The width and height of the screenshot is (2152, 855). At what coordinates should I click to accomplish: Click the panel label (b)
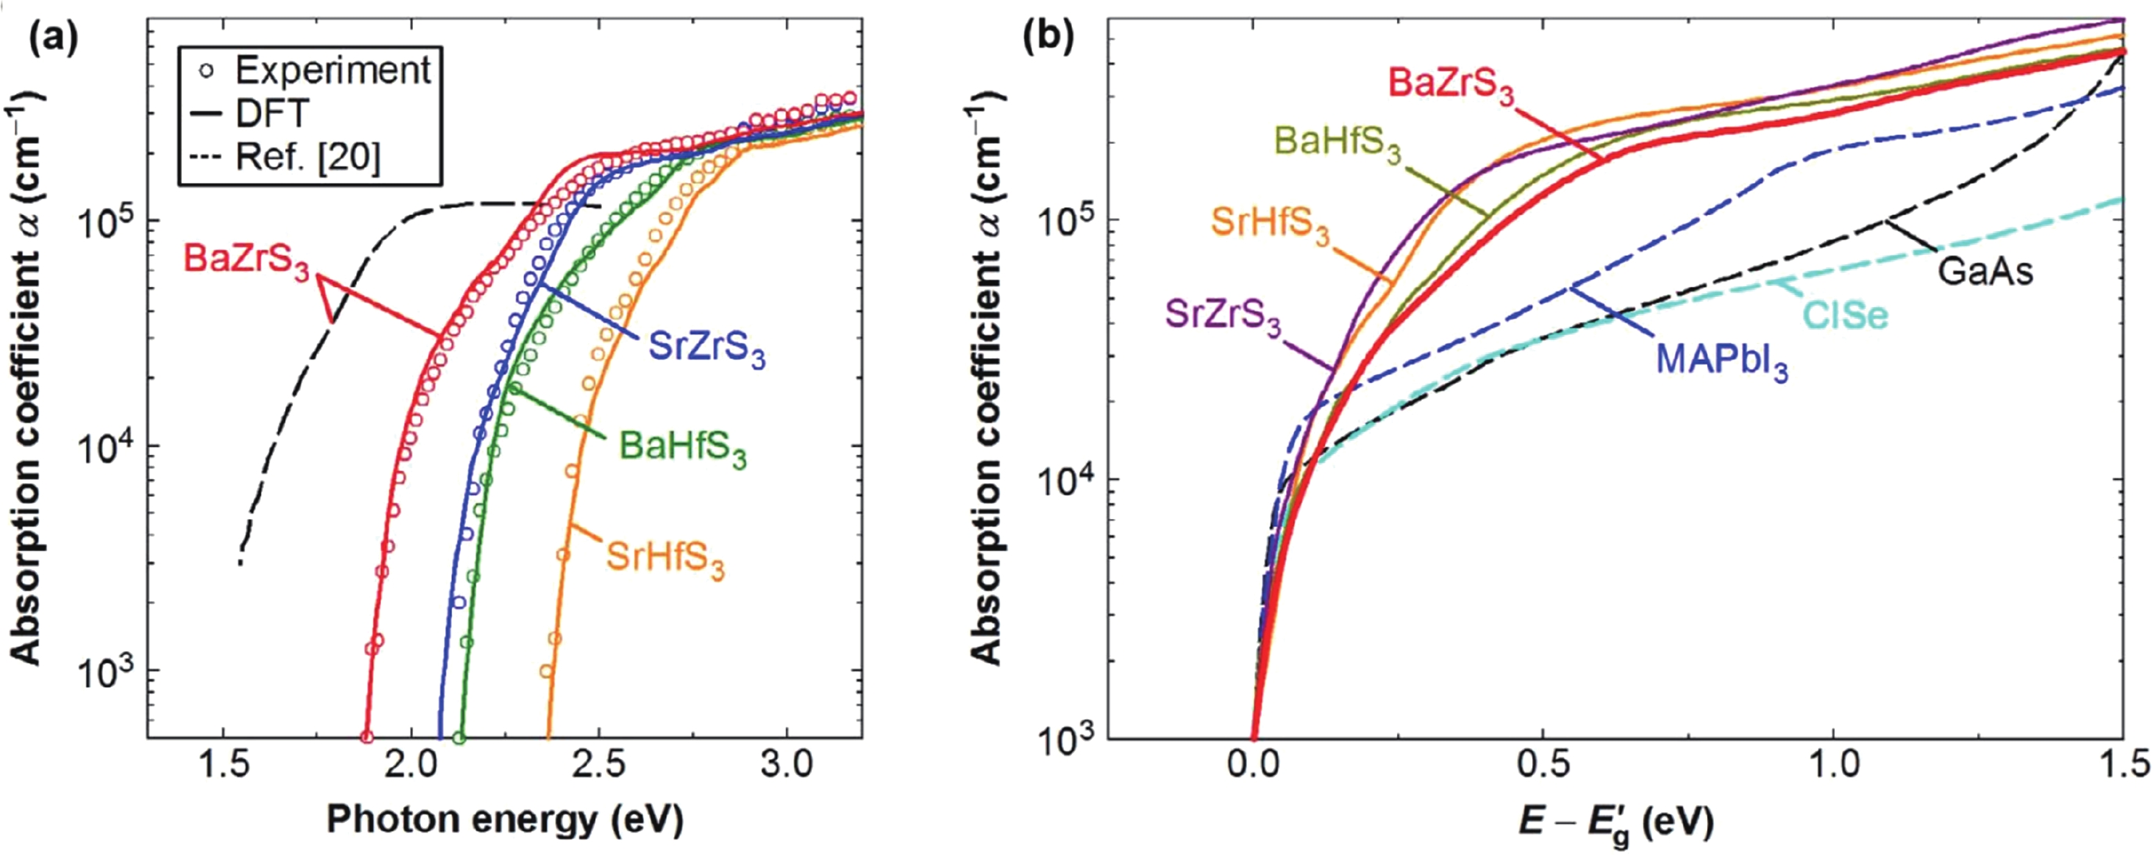click(x=1048, y=39)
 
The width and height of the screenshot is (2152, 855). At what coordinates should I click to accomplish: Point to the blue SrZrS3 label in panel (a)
click(x=707, y=349)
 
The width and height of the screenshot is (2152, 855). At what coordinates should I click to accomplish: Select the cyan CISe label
click(x=1845, y=316)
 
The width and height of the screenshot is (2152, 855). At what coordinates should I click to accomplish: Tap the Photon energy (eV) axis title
click(x=505, y=819)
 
